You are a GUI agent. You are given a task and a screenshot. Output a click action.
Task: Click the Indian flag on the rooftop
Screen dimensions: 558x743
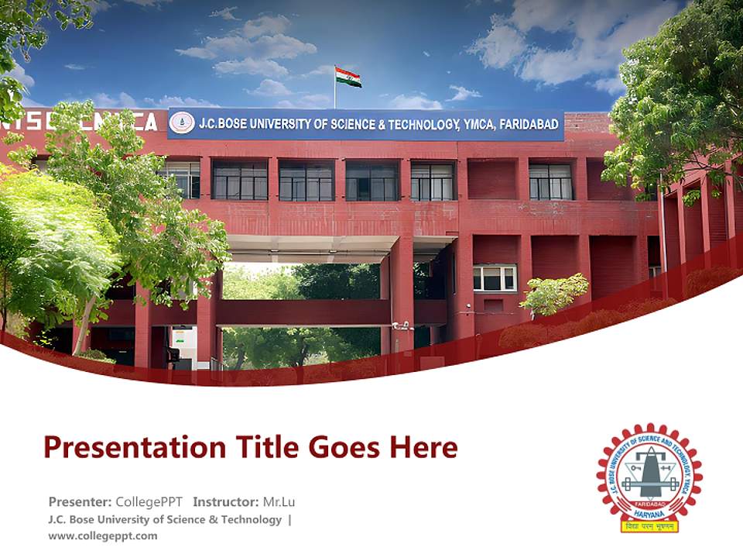[x=348, y=77]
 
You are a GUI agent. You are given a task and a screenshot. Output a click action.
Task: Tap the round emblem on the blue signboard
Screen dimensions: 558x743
[x=183, y=123]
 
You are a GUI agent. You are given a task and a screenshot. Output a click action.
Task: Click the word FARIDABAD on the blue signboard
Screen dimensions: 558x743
[x=529, y=124]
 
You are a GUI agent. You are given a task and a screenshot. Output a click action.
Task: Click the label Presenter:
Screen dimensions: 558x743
[x=80, y=501]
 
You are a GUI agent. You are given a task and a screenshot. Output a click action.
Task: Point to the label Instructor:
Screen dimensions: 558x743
[x=226, y=501]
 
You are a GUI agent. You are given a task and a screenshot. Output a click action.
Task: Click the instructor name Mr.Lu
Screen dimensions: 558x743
[x=279, y=501]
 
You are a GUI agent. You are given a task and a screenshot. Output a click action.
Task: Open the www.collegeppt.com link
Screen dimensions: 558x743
[x=102, y=536]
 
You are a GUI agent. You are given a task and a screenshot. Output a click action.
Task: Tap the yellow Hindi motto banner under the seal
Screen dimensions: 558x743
[x=649, y=527]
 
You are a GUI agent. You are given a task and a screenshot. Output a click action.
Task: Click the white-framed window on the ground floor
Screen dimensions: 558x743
[x=495, y=277]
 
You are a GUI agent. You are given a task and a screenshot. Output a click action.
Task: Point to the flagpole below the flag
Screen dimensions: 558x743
[x=334, y=95]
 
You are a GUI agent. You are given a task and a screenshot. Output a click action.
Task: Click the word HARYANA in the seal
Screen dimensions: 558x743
[x=649, y=511]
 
